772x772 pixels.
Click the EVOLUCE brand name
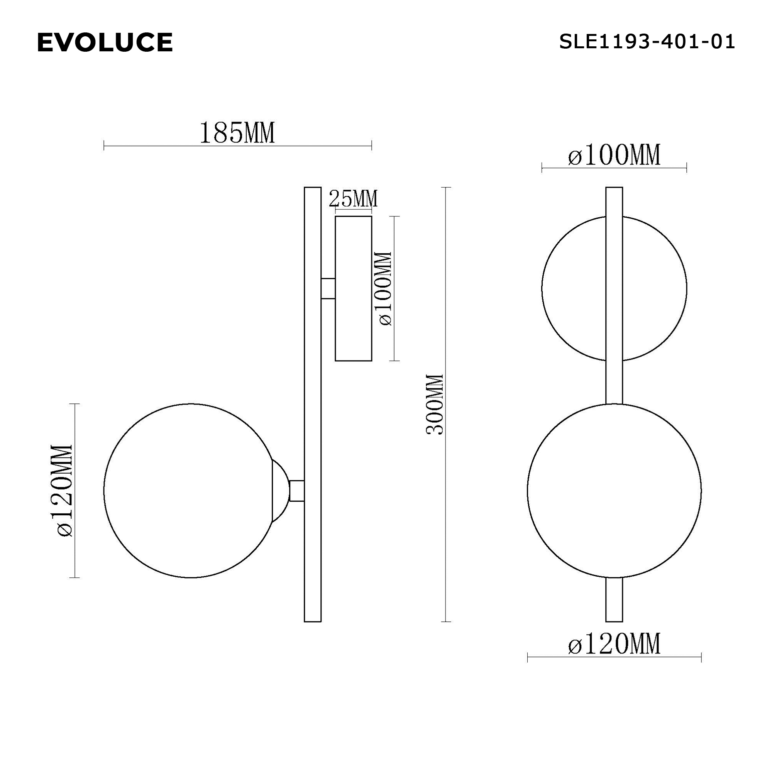pos(105,42)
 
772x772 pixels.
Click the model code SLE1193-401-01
pos(647,42)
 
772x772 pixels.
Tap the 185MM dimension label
pos(237,133)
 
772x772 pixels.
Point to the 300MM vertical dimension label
pos(435,404)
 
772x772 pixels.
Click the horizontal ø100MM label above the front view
pos(614,156)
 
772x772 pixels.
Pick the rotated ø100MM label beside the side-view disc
pos(385,288)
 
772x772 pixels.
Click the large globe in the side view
pos(188,490)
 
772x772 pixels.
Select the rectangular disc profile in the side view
pos(353,288)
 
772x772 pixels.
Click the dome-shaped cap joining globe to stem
pos(280,490)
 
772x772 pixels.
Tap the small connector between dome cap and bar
pos(296,490)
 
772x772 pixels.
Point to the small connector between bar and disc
pos(328,288)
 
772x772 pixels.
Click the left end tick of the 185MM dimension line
pos(104,146)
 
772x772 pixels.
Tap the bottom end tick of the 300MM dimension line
pos(446,622)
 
